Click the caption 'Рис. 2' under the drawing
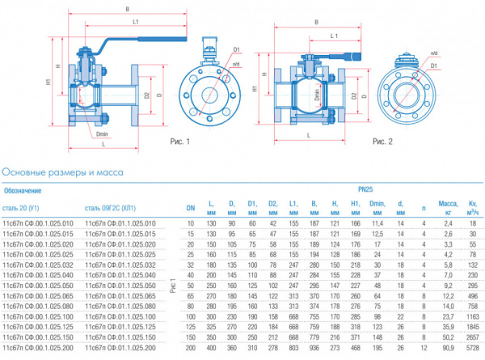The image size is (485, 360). (382, 141)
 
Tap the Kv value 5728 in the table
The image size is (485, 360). (472, 348)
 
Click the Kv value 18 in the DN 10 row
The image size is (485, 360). (474, 222)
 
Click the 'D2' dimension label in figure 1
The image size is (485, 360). (147, 95)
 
